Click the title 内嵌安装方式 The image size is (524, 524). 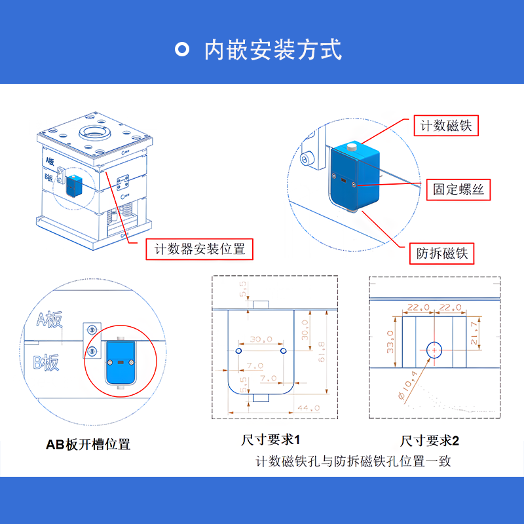pyautogui.click(x=273, y=50)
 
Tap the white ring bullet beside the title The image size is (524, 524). pyautogui.click(x=182, y=49)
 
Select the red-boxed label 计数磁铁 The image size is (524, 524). pyautogui.click(x=446, y=126)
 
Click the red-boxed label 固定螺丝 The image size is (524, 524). pyautogui.click(x=458, y=189)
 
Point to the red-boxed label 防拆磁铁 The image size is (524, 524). pyautogui.click(x=441, y=253)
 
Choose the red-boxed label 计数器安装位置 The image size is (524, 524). pyautogui.click(x=200, y=249)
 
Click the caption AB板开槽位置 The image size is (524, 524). pyautogui.click(x=88, y=445)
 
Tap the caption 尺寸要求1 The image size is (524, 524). pyautogui.click(x=271, y=440)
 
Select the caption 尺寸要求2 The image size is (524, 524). pyautogui.click(x=430, y=440)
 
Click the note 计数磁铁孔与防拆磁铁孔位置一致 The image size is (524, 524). pyautogui.click(x=353, y=461)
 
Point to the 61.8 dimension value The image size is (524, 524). pyautogui.click(x=322, y=352)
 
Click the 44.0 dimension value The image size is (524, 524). pyautogui.click(x=309, y=408)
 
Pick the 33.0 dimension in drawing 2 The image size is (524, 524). pyautogui.click(x=390, y=342)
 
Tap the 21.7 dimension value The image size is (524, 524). pyautogui.click(x=474, y=333)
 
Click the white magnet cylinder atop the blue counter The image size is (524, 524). pyautogui.click(x=352, y=147)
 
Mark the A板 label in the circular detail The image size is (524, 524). pyautogui.click(x=50, y=320)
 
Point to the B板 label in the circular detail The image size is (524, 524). pyautogui.click(x=46, y=363)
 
